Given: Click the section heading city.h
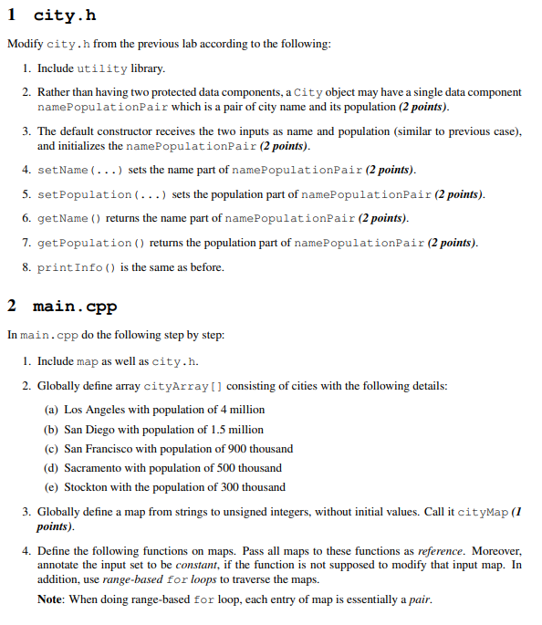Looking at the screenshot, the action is point(64,16).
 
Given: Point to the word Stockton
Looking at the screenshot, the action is point(86,487).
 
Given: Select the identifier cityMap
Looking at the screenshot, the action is point(483,512).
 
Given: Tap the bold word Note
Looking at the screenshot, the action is point(50,599).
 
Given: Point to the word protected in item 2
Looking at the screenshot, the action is point(171,92).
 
